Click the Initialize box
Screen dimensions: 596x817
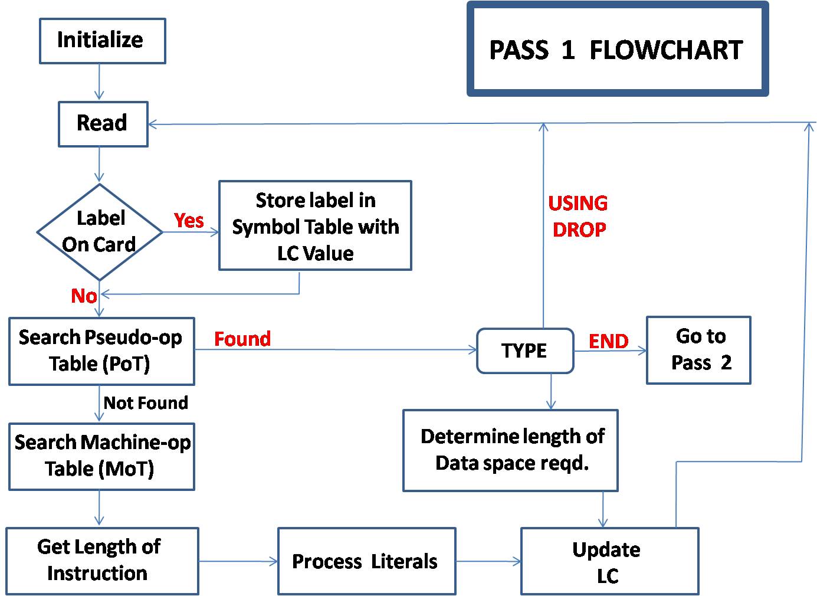102,41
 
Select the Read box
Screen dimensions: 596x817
103,123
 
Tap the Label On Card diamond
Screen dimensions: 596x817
100,231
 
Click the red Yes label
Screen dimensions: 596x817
189,220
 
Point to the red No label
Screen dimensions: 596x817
84,296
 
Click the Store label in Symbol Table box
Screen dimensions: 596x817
315,226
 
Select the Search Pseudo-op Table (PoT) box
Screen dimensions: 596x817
101,351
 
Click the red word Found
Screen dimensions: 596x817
242,339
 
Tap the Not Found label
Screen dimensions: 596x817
146,403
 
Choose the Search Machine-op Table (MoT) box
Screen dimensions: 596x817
101,456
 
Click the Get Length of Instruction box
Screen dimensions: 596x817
101,561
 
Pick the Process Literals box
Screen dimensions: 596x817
366,561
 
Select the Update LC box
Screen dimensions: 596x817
609,561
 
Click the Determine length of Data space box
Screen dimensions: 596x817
510,450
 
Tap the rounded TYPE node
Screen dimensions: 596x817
524,351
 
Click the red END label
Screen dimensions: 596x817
608,341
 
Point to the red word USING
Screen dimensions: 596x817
578,203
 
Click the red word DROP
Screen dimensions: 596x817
579,230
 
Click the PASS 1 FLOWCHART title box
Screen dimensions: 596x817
617,49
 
